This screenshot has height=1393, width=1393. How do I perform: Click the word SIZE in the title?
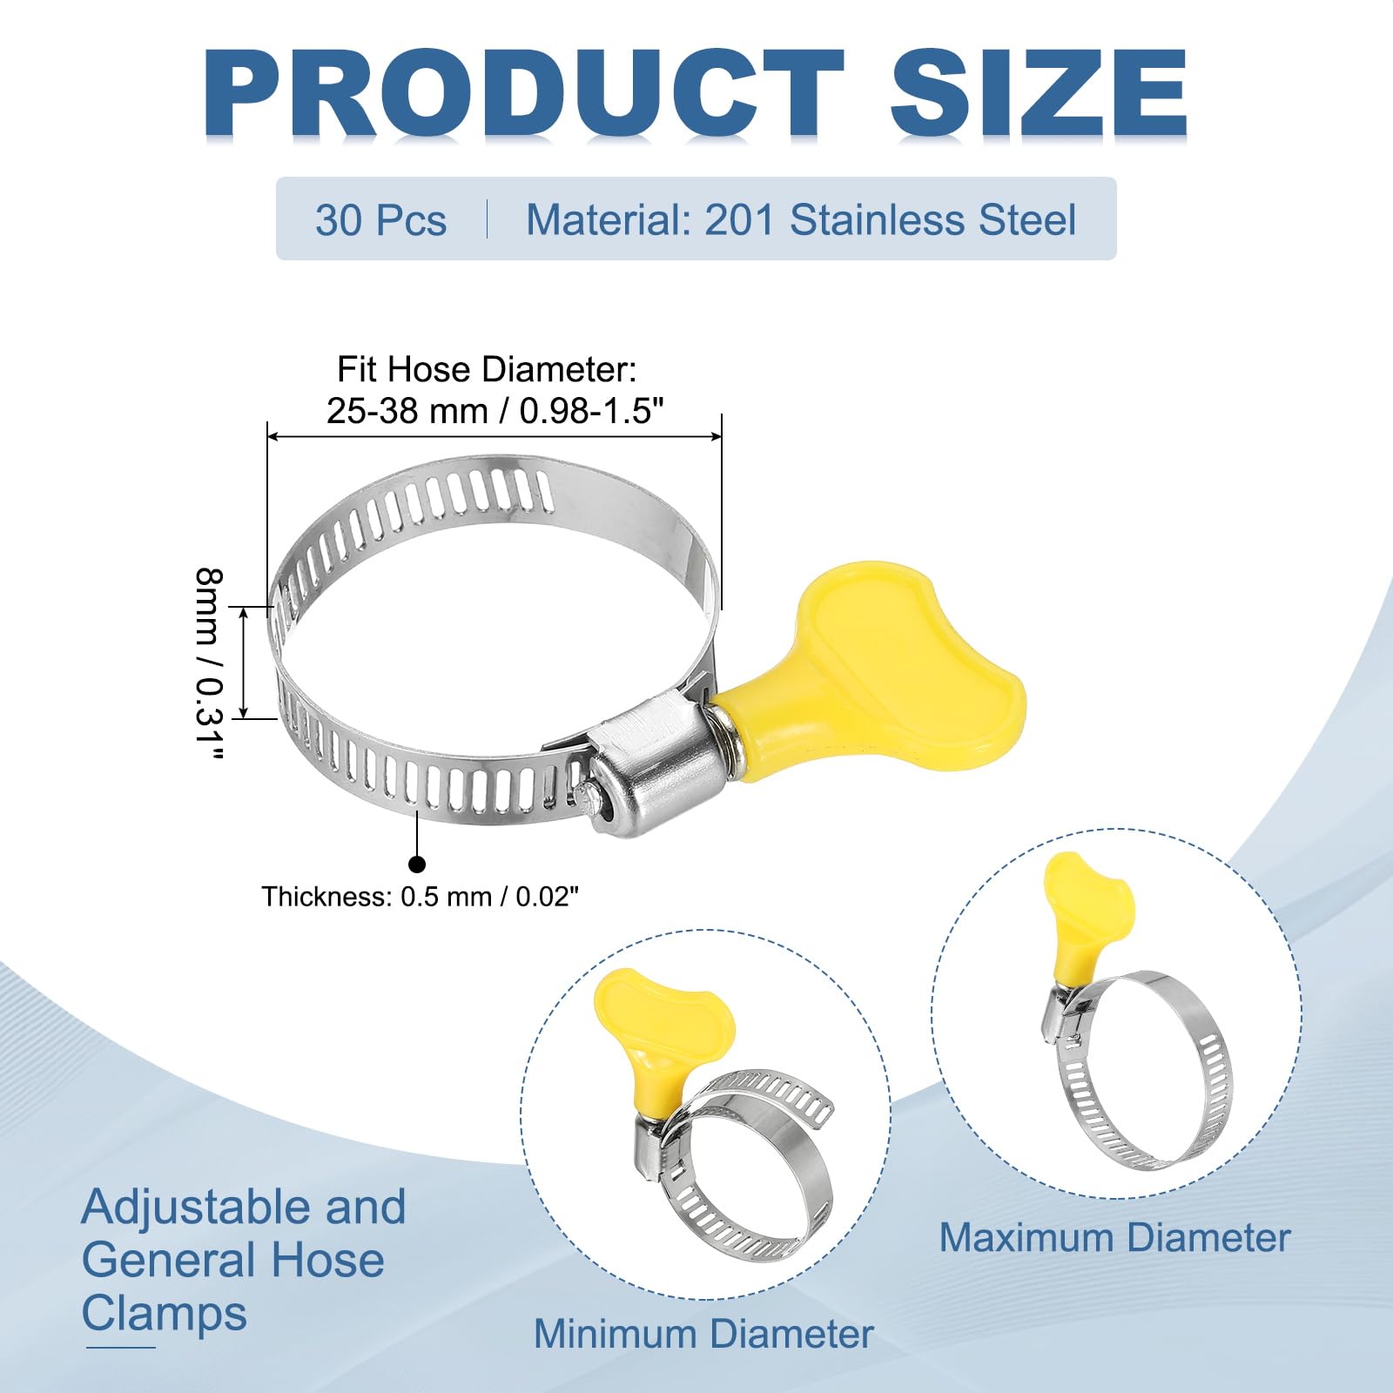1039,93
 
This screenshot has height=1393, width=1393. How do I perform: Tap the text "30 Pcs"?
380,220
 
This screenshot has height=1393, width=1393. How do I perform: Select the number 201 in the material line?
739,220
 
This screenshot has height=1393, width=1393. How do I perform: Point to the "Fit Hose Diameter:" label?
487,370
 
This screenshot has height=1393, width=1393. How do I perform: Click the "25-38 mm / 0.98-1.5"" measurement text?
495,410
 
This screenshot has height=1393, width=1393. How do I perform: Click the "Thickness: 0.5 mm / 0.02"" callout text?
421,897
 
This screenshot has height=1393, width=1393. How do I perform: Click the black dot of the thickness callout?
417,864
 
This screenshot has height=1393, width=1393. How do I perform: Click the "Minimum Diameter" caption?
703,1334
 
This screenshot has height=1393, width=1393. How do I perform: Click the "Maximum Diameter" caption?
1114,1237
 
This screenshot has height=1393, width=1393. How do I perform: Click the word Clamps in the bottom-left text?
165,1313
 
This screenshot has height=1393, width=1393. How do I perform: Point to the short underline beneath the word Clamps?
121,1348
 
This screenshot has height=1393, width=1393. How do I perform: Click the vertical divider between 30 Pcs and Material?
487,219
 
